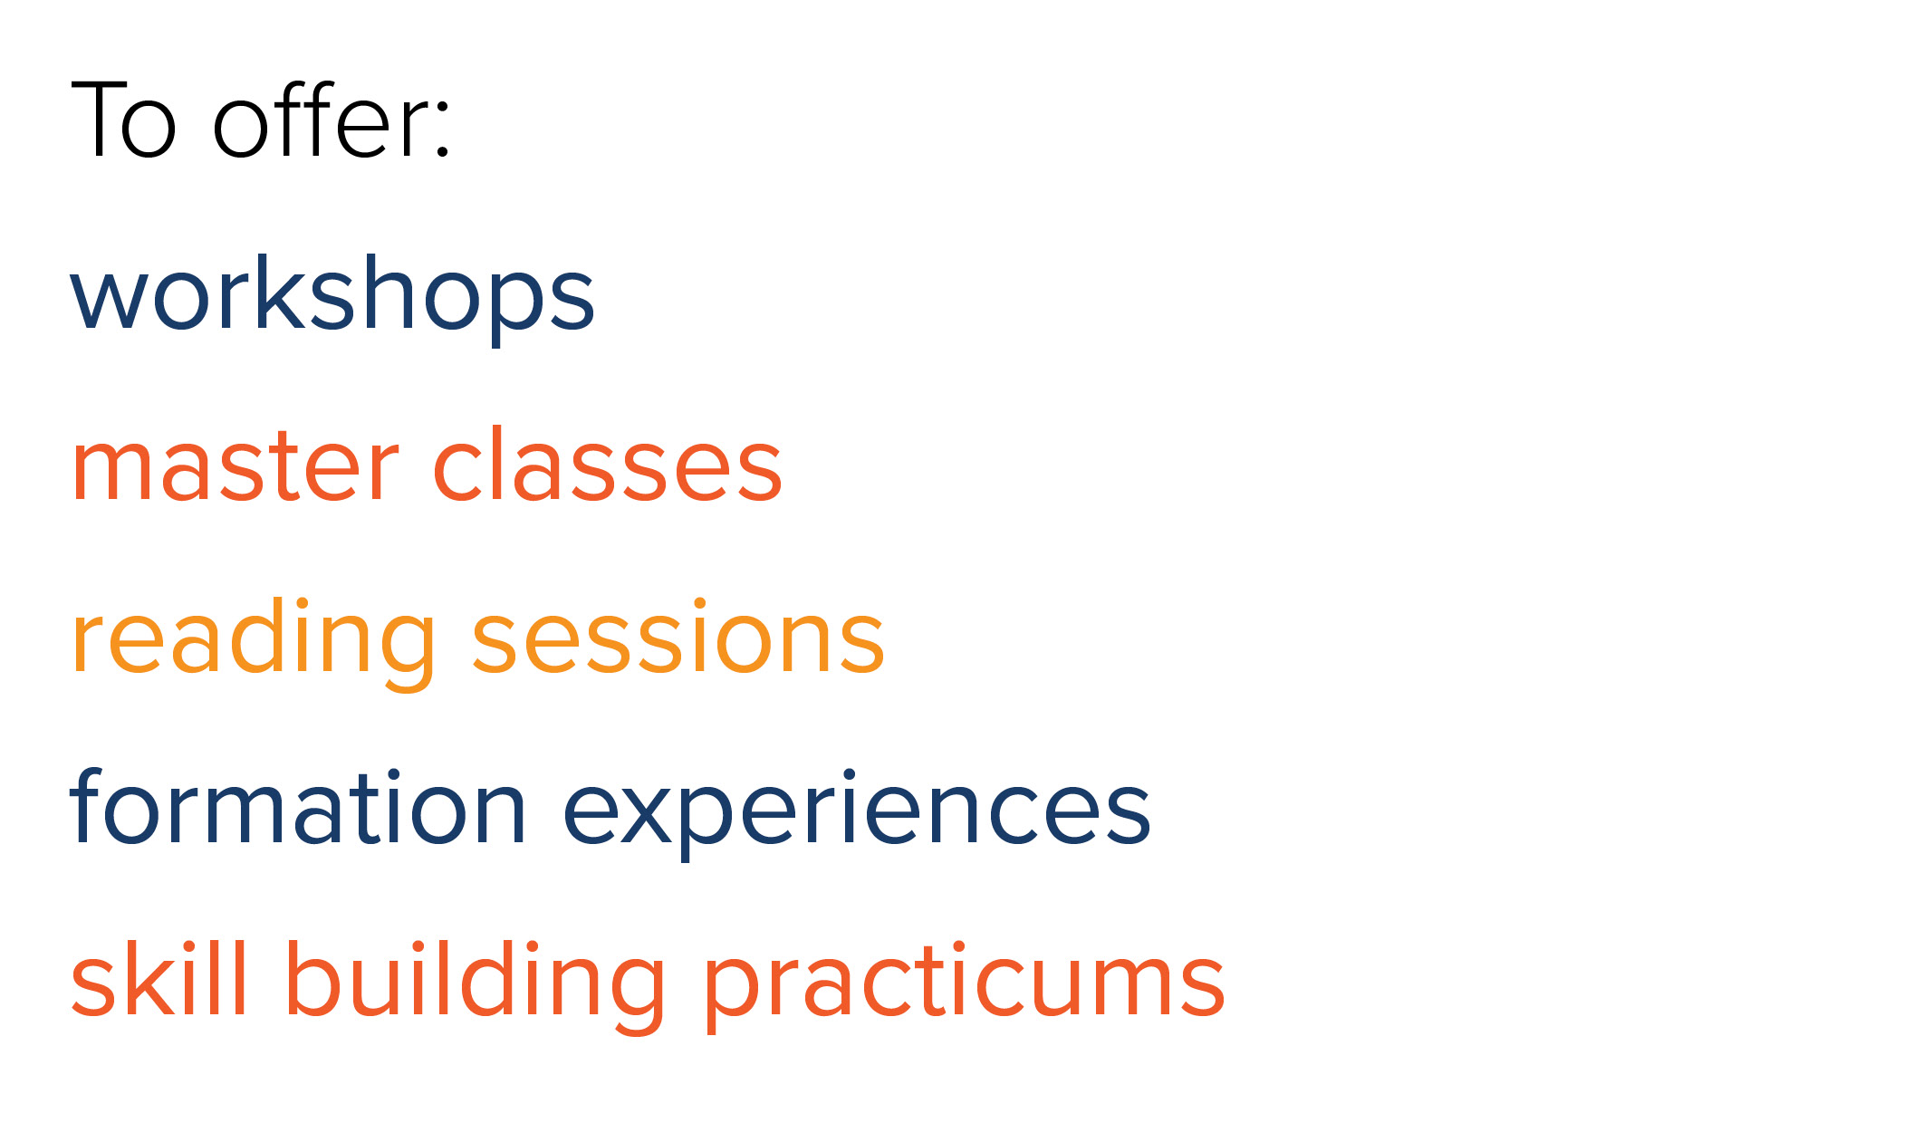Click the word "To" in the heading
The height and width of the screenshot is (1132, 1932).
[x=123, y=120]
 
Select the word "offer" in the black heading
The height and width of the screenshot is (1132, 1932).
[x=320, y=120]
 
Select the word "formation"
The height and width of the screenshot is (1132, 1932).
[x=298, y=805]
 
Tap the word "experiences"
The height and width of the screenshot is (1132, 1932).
[x=857, y=810]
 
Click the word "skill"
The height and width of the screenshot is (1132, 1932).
[x=159, y=977]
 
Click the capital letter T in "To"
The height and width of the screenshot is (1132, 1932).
[x=101, y=120]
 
